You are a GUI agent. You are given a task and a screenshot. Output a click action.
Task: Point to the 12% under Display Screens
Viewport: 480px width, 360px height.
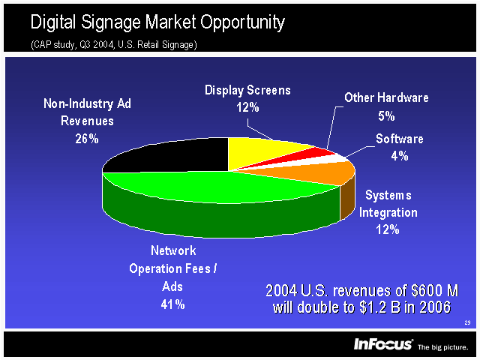click(247, 107)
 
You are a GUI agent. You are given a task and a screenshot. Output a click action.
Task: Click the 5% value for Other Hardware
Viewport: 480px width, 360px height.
click(387, 116)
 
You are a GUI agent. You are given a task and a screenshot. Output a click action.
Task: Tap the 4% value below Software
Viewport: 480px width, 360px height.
click(399, 156)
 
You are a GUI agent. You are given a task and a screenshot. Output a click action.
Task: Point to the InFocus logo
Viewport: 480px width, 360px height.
click(383, 344)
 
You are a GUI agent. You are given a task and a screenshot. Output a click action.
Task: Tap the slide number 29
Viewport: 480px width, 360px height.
click(466, 322)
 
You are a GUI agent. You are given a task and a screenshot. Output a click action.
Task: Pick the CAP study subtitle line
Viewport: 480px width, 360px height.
click(114, 45)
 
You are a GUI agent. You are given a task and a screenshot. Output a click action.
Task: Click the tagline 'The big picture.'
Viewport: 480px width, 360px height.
click(442, 347)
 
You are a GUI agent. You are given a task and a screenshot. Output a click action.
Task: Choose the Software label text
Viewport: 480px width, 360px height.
click(399, 139)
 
